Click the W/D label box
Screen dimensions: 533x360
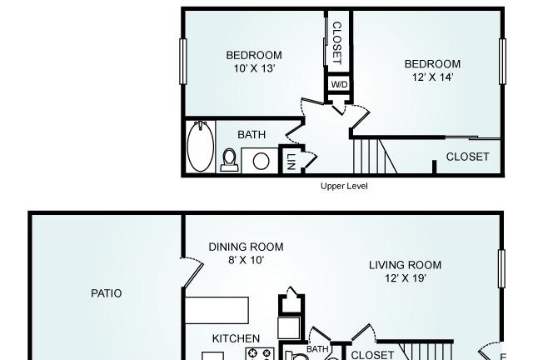(x=339, y=84)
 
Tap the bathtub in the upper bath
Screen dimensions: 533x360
(x=201, y=146)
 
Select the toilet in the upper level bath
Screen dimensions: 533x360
(x=229, y=160)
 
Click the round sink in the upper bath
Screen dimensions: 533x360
(x=261, y=161)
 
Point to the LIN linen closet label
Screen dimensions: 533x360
(x=291, y=162)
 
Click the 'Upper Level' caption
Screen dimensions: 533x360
(x=344, y=186)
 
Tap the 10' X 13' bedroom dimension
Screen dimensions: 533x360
(x=254, y=68)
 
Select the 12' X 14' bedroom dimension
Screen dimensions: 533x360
(x=433, y=77)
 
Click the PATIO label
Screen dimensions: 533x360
(x=107, y=293)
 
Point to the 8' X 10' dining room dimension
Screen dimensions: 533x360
(x=247, y=260)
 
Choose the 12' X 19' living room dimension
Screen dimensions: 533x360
(x=406, y=278)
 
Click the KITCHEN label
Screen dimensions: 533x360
(x=236, y=338)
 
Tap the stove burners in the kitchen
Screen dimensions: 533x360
(x=260, y=353)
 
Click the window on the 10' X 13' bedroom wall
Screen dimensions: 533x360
(x=183, y=62)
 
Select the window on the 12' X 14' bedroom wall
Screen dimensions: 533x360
(x=502, y=62)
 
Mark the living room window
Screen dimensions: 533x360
(x=501, y=269)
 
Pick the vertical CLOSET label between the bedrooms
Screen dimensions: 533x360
(x=336, y=42)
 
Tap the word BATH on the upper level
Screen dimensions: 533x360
(x=252, y=135)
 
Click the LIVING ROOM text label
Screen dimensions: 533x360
(x=406, y=265)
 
